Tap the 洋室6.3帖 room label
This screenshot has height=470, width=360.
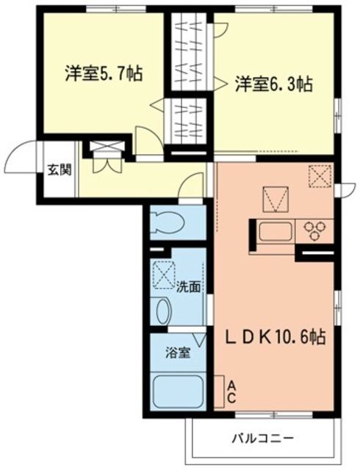click(274, 84)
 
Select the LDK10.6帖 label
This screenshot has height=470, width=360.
click(276, 339)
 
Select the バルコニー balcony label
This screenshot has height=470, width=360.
click(265, 438)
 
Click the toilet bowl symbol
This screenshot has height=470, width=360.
click(170, 220)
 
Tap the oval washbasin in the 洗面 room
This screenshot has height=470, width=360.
click(162, 312)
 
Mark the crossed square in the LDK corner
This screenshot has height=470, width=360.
click(321, 176)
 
